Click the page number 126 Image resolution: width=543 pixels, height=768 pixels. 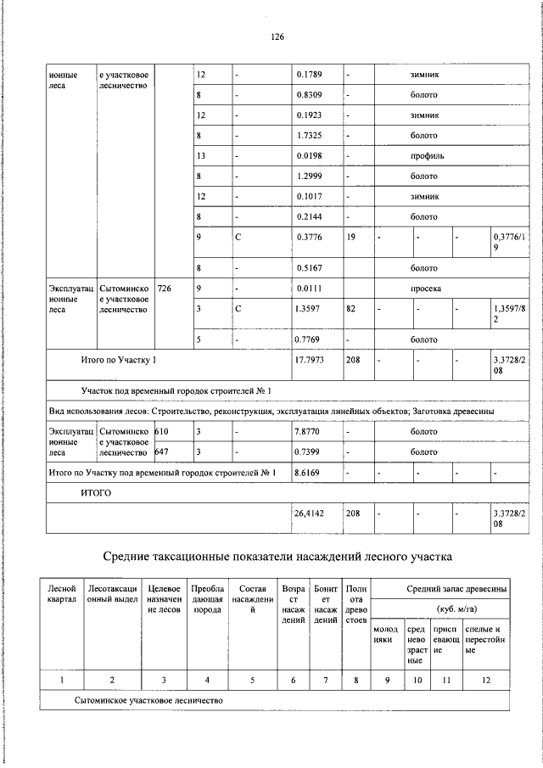tap(277, 37)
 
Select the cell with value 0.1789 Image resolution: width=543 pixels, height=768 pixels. tap(308, 76)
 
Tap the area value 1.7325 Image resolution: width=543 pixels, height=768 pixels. tap(308, 136)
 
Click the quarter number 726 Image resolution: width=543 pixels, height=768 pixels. tap(164, 289)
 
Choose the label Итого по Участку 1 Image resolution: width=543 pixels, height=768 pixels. tap(119, 361)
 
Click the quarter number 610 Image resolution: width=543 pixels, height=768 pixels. tap(164, 432)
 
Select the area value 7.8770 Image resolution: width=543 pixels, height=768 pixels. tap(308, 432)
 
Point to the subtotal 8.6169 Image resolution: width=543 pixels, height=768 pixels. tap(308, 472)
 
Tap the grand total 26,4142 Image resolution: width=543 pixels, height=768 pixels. tap(311, 513)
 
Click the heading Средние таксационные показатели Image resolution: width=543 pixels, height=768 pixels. tap(277, 557)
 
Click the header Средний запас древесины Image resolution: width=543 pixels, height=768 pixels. tap(456, 589)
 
